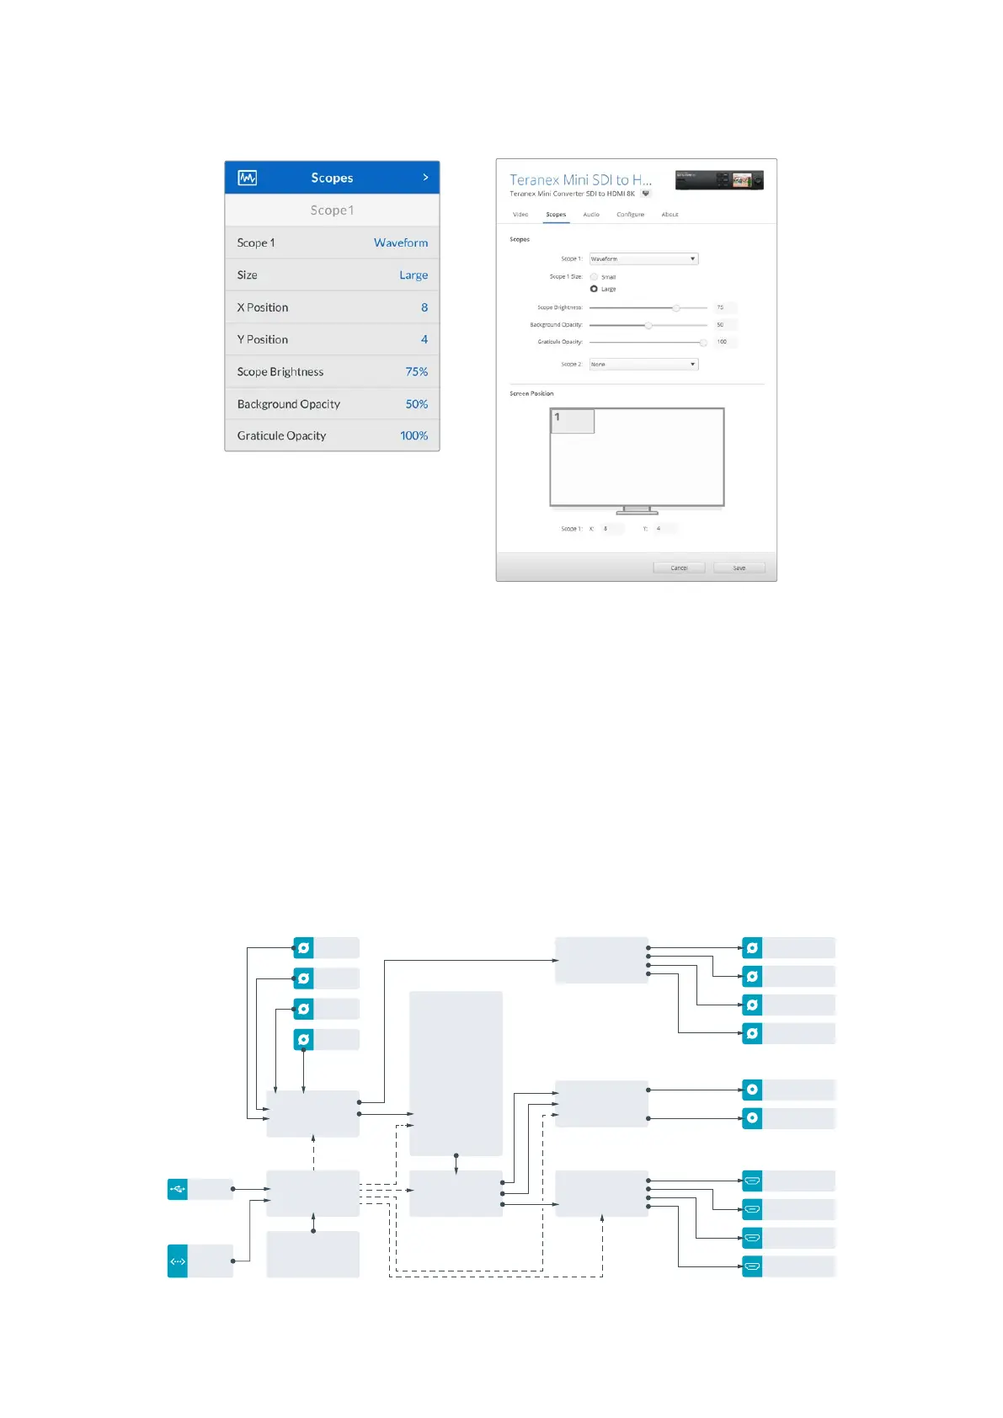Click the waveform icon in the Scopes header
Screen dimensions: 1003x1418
pos(247,178)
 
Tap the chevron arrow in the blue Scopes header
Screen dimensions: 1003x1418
pos(425,178)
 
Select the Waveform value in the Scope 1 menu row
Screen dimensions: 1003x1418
pos(401,243)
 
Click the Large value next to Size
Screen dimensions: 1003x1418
pos(413,275)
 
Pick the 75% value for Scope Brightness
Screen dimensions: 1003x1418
pos(416,371)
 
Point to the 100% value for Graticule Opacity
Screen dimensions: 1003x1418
pos(413,435)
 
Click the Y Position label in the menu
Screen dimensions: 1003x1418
pos(263,339)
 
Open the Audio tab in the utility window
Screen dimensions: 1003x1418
pos(591,215)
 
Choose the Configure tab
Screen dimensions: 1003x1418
pos(630,215)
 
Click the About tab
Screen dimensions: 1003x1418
pos(670,215)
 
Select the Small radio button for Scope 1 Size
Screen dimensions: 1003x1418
pos(594,277)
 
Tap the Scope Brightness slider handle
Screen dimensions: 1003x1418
pos(675,308)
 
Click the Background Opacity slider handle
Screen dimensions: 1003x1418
pos(648,325)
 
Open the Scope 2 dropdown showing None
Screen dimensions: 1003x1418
pos(643,365)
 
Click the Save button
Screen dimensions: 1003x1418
pos(739,568)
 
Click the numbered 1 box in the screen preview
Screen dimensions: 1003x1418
pos(573,421)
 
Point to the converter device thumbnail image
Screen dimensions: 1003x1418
pos(719,180)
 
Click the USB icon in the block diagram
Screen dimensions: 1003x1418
pos(178,1189)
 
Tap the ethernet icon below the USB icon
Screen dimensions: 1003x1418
pos(178,1261)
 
